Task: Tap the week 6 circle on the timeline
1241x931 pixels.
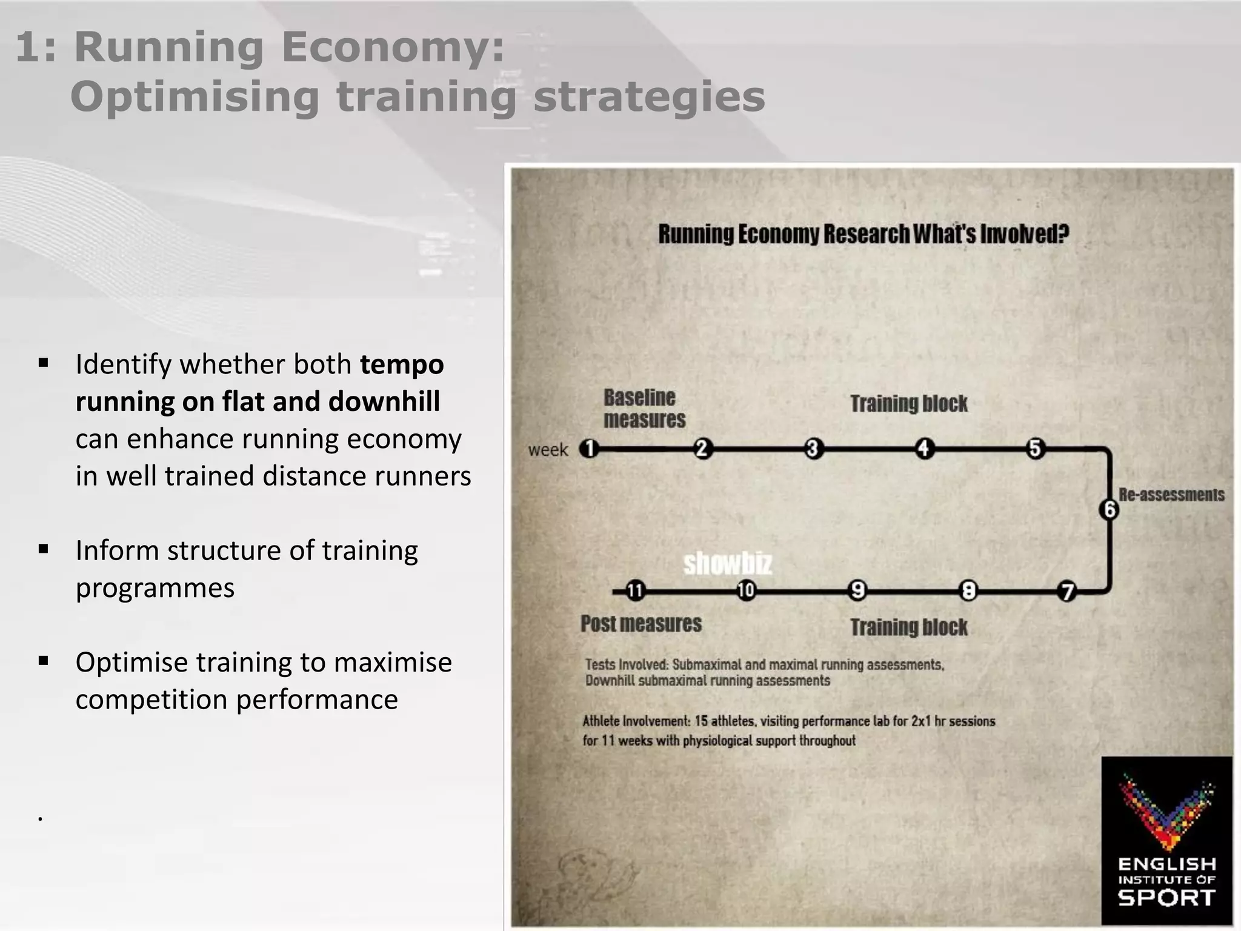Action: [x=1109, y=509]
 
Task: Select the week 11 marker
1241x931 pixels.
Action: [x=634, y=590]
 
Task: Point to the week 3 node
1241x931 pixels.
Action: [x=813, y=449]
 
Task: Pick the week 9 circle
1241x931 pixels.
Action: [x=857, y=590]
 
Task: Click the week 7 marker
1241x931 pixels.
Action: [x=1066, y=591]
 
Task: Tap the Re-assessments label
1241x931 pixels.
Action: [x=1171, y=495]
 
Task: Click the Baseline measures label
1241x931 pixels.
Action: [x=644, y=409]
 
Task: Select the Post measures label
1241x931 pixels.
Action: [x=640, y=624]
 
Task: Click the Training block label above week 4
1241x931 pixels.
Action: [x=908, y=404]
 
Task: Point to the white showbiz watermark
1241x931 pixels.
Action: [x=728, y=564]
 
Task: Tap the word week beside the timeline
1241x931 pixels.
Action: [x=548, y=450]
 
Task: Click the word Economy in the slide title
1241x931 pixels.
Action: [x=393, y=47]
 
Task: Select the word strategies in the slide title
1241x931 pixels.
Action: [x=649, y=97]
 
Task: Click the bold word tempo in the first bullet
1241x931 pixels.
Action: [x=402, y=364]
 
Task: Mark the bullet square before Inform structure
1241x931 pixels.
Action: [x=43, y=549]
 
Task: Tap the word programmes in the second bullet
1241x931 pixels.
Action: [x=155, y=588]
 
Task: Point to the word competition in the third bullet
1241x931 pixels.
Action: [x=151, y=699]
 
